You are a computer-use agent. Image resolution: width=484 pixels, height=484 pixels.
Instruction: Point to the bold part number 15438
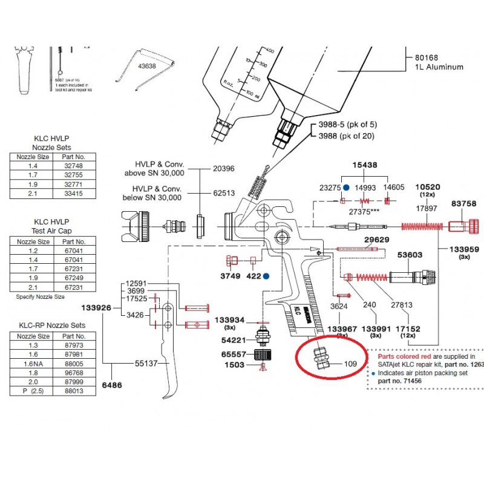pos(365,165)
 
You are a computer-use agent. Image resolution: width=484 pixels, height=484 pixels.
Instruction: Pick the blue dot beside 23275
pos(345,188)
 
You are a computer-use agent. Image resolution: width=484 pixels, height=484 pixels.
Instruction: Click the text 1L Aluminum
pos(439,67)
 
